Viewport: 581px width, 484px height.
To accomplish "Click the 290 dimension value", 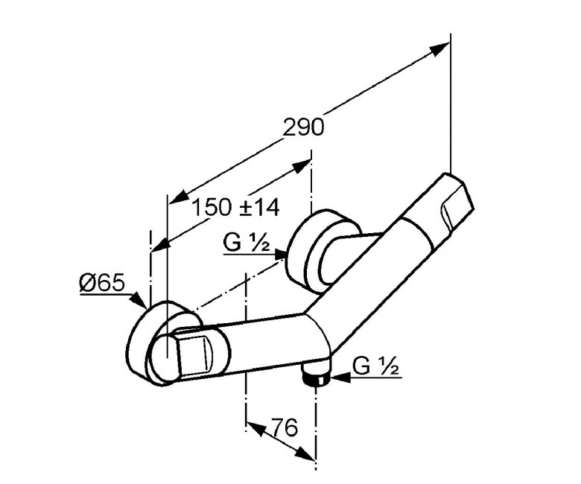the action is (x=303, y=128).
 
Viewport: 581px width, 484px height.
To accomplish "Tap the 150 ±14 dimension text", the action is (x=235, y=208).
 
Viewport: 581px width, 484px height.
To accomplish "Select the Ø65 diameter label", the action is (x=101, y=284).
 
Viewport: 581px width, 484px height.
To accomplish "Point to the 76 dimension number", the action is (x=285, y=427).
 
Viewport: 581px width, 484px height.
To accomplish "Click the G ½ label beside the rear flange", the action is (x=247, y=243).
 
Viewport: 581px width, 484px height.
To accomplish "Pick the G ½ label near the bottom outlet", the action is (x=375, y=366).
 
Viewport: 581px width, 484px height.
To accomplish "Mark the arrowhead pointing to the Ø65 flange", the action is (x=139, y=300).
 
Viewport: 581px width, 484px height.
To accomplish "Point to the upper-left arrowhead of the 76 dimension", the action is (x=255, y=428).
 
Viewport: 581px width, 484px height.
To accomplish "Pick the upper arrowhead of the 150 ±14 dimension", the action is (x=301, y=167).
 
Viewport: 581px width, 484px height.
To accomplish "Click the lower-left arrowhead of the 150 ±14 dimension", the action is (x=161, y=246).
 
